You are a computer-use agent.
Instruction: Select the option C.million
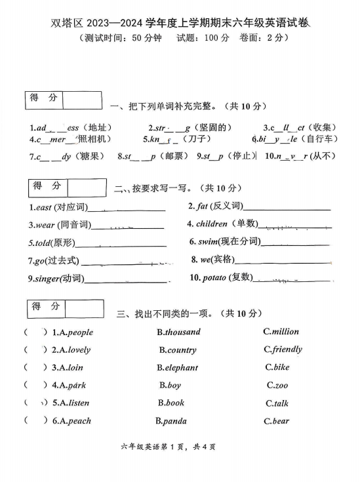[281, 332]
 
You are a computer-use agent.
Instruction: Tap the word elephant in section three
[181, 368]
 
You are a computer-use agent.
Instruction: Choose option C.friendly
[283, 350]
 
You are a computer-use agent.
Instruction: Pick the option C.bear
[276, 421]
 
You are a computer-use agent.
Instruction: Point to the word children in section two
[212, 224]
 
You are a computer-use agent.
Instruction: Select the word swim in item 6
[207, 242]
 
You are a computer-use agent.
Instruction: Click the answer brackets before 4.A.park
[35, 386]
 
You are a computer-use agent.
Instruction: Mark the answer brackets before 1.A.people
[35, 332]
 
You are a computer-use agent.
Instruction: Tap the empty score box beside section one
[82, 100]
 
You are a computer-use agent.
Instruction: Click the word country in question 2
[181, 350]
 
